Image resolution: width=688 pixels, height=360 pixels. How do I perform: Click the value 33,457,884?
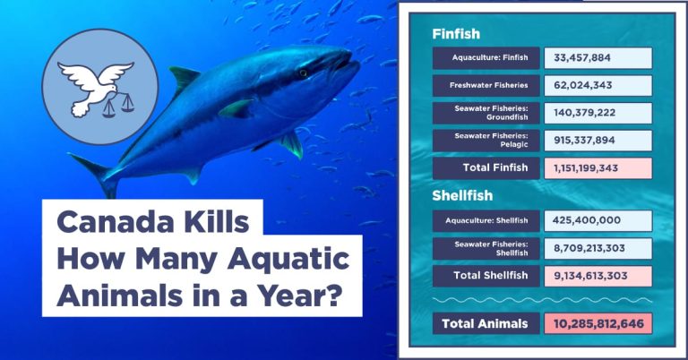581,58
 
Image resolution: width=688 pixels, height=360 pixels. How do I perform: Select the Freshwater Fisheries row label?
488,85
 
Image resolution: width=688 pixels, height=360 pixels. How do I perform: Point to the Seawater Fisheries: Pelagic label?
491,140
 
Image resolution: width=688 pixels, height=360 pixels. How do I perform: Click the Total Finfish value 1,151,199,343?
586,168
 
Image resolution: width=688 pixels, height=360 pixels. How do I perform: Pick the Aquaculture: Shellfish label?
486,220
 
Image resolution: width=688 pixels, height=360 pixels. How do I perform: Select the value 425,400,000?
587,220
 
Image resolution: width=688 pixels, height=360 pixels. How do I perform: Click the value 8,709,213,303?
589,248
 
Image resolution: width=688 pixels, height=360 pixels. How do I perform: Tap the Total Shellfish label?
491,275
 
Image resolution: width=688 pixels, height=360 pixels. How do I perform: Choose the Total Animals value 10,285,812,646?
598,324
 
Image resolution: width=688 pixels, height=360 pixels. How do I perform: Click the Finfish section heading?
456,34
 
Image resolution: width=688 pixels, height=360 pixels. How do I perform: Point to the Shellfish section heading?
462,195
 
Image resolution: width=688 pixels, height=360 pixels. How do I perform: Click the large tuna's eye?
303,73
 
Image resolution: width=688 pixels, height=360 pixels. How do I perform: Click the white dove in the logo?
95,85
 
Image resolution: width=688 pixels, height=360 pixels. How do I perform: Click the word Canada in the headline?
116,222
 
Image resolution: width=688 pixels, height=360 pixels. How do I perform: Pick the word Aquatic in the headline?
288,260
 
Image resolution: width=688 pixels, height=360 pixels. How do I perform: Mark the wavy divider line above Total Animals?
542,300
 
